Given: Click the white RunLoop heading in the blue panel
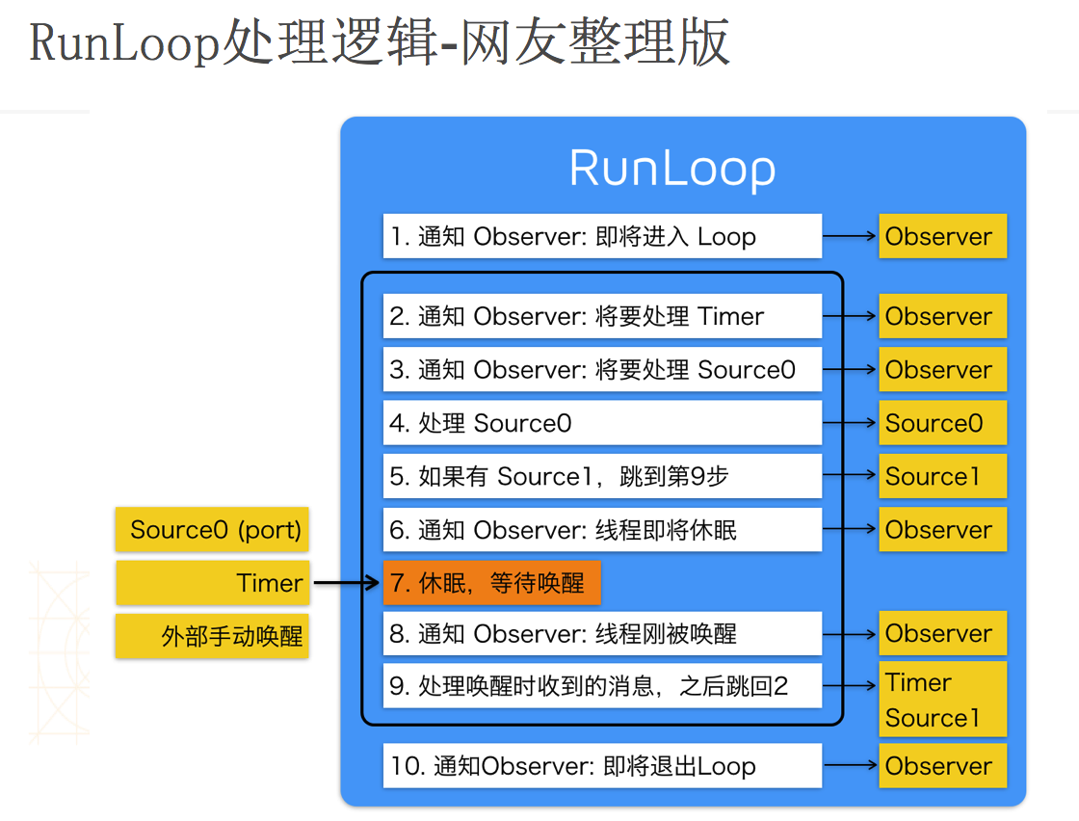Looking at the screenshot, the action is click(x=672, y=170).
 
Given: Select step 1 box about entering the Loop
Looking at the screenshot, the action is click(x=602, y=236).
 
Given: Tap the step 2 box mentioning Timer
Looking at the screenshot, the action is click(x=602, y=316).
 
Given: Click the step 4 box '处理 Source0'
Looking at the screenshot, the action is click(x=602, y=422).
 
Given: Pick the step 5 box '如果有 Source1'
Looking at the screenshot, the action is click(x=602, y=475).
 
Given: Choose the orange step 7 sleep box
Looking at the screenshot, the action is click(x=492, y=583).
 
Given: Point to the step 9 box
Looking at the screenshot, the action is click(x=602, y=685).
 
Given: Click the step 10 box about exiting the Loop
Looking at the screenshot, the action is click(x=602, y=765).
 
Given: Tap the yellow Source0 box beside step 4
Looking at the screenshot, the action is click(x=943, y=422).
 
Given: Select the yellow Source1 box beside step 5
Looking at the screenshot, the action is click(x=943, y=475).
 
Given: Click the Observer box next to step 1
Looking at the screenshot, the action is click(x=943, y=236).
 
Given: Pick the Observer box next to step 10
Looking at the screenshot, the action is click(x=943, y=765).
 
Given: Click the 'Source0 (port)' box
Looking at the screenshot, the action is click(x=212, y=529).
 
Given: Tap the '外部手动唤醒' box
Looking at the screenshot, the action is click(x=212, y=636).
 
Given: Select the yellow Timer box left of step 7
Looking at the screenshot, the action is click(x=212, y=583).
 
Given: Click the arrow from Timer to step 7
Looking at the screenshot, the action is click(x=346, y=583).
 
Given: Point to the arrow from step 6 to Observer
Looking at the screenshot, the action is click(x=849, y=528).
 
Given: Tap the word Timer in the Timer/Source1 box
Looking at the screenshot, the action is click(x=918, y=682).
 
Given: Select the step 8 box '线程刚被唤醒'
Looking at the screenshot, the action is click(x=602, y=633).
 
